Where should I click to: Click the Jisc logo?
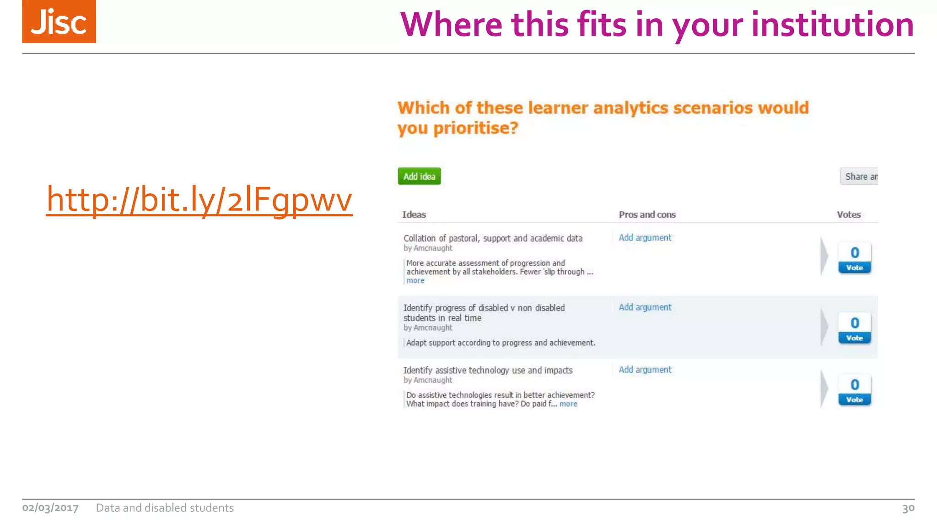pyautogui.click(x=59, y=22)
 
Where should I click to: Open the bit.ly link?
pyautogui.click(x=199, y=199)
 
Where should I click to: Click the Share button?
pyautogui.click(x=860, y=177)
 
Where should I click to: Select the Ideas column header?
pyautogui.click(x=414, y=215)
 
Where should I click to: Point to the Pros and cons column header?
pyautogui.click(x=647, y=215)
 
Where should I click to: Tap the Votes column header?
pyautogui.click(x=849, y=215)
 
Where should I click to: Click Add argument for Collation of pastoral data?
pyautogui.click(x=645, y=238)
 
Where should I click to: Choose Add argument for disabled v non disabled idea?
pyautogui.click(x=645, y=307)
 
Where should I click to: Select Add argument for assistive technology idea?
pyautogui.click(x=645, y=370)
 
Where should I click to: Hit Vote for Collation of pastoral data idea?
pyautogui.click(x=854, y=268)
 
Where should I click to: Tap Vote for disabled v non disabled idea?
pyautogui.click(x=854, y=338)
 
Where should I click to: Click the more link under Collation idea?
pyautogui.click(x=415, y=281)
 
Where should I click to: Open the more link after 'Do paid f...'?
pyautogui.click(x=568, y=404)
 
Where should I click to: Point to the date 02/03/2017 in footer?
pyautogui.click(x=50, y=508)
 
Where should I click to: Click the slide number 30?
pyautogui.click(x=908, y=508)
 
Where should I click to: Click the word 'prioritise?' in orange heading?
pyautogui.click(x=476, y=128)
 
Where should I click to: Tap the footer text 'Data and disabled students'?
pyautogui.click(x=165, y=508)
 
